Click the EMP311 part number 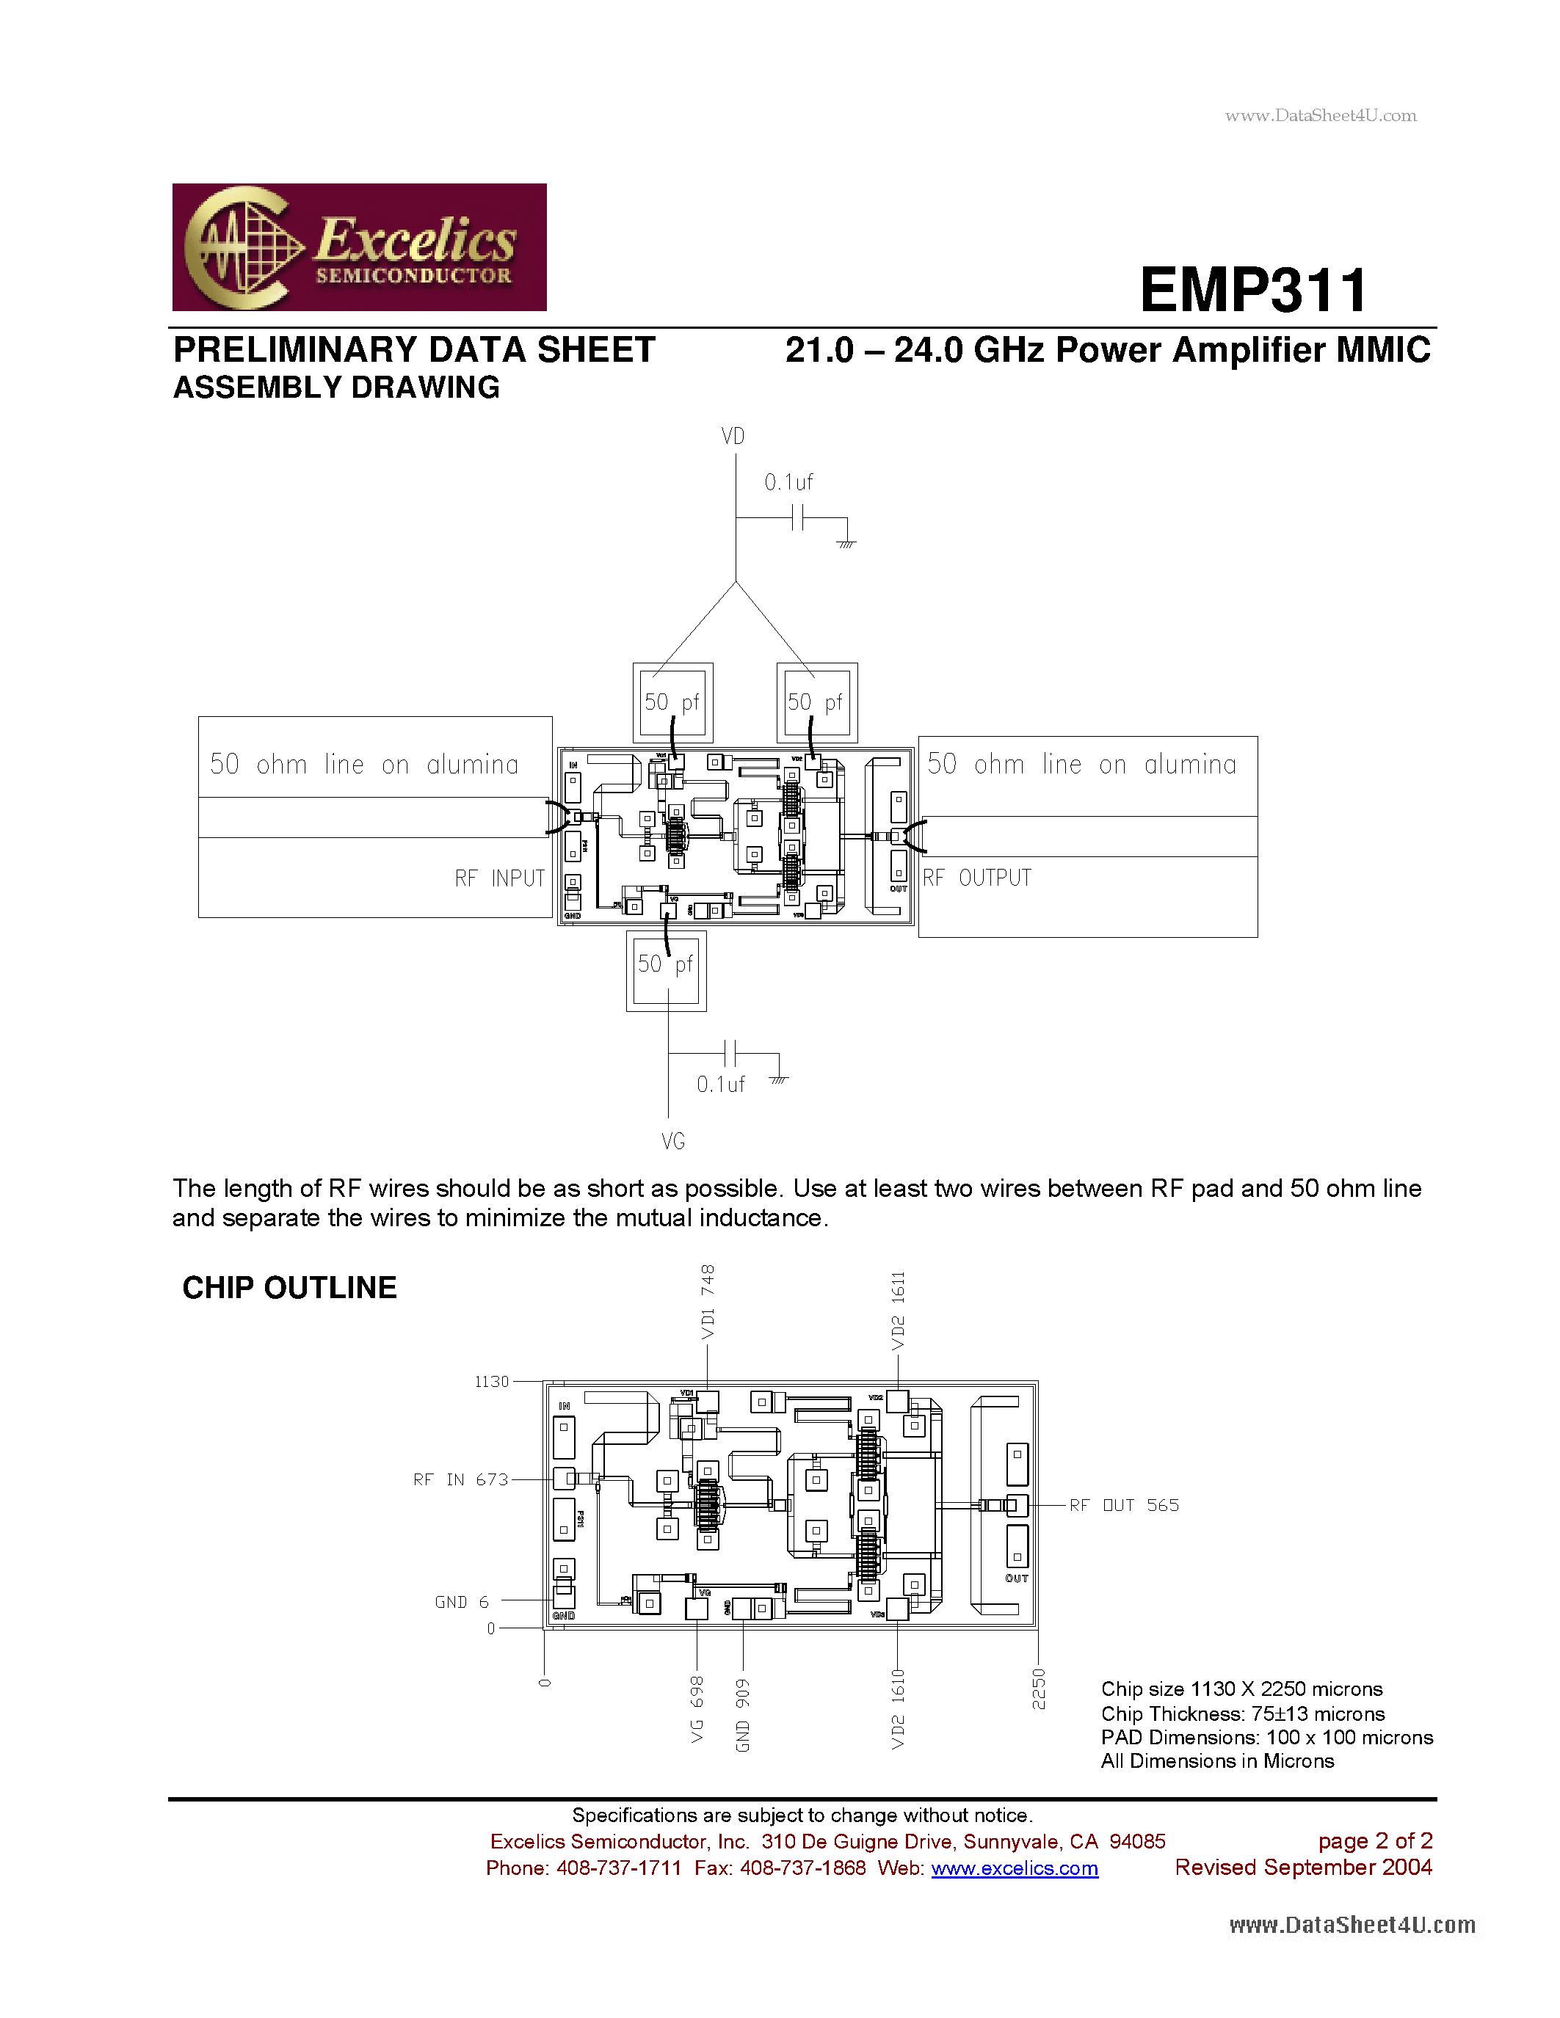pyautogui.click(x=1253, y=290)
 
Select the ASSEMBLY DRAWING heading pyautogui.click(x=336, y=387)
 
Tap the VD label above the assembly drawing pyautogui.click(x=733, y=436)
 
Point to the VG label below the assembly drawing pyautogui.click(x=672, y=1142)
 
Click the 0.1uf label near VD pyautogui.click(x=788, y=482)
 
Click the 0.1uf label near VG pyautogui.click(x=721, y=1085)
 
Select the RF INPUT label pyautogui.click(x=499, y=878)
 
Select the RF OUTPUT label pyautogui.click(x=977, y=878)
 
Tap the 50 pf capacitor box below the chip pyautogui.click(x=665, y=970)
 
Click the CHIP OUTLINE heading pyautogui.click(x=289, y=1287)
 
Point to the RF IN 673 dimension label pyautogui.click(x=460, y=1479)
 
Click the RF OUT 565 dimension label pyautogui.click(x=1124, y=1505)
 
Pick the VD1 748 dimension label pyautogui.click(x=708, y=1302)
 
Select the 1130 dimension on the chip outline pyautogui.click(x=492, y=1381)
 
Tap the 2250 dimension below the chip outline pyautogui.click(x=1039, y=1688)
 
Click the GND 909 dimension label pyautogui.click(x=743, y=1715)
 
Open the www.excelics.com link pyautogui.click(x=1014, y=1868)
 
